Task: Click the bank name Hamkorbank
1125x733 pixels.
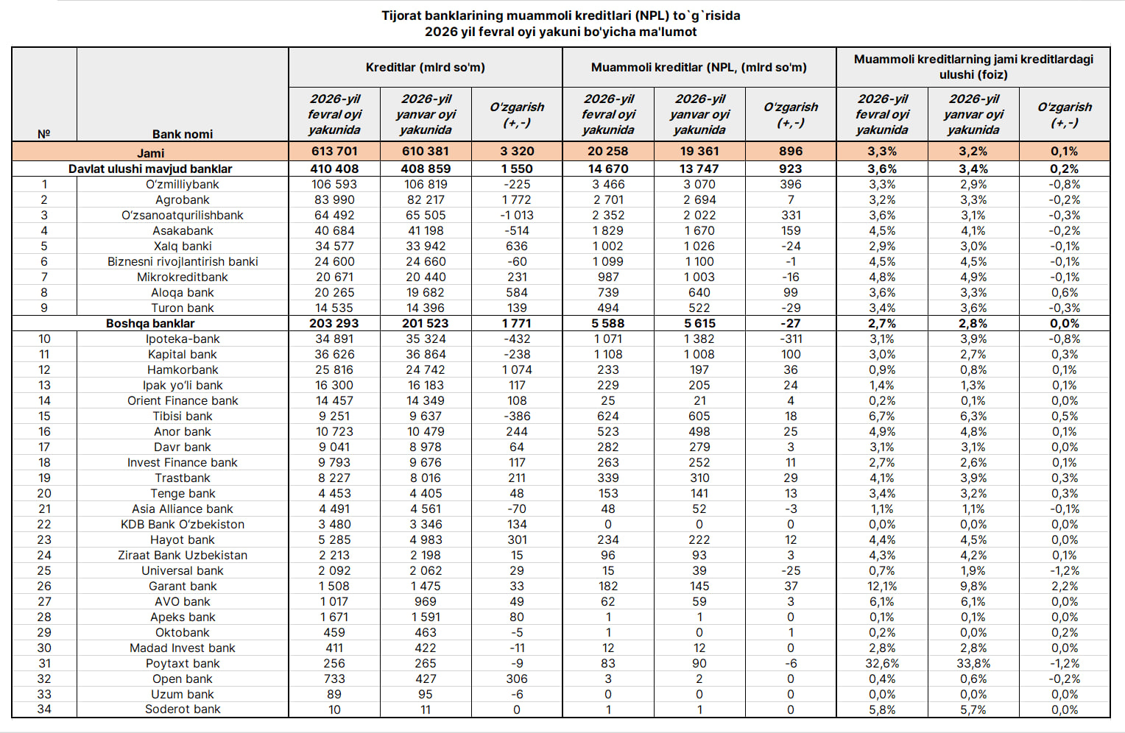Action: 183,370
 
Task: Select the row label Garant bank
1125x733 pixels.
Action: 183,587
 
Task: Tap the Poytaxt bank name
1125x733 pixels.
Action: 183,664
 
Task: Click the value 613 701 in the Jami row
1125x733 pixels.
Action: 334,152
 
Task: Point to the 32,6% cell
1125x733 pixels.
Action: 882,664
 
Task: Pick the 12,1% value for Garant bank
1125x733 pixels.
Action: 882,587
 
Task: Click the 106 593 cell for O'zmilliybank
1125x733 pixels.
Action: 334,185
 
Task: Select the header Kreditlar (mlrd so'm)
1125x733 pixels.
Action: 425,68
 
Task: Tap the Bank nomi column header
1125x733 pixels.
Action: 183,134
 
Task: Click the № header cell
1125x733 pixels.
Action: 44,134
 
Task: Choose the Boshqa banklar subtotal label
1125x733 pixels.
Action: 150,324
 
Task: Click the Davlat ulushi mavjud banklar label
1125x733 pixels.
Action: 150,169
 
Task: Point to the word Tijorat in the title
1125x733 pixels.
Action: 402,15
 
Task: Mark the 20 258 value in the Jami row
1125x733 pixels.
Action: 608,152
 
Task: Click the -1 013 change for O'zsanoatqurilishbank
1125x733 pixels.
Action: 517,216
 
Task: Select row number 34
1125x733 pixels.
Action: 44,709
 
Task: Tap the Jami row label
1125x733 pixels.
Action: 150,153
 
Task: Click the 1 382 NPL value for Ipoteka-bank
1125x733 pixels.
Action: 699,339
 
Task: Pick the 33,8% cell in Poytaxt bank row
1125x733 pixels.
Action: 973,664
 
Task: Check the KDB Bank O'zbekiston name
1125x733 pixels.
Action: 183,525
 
